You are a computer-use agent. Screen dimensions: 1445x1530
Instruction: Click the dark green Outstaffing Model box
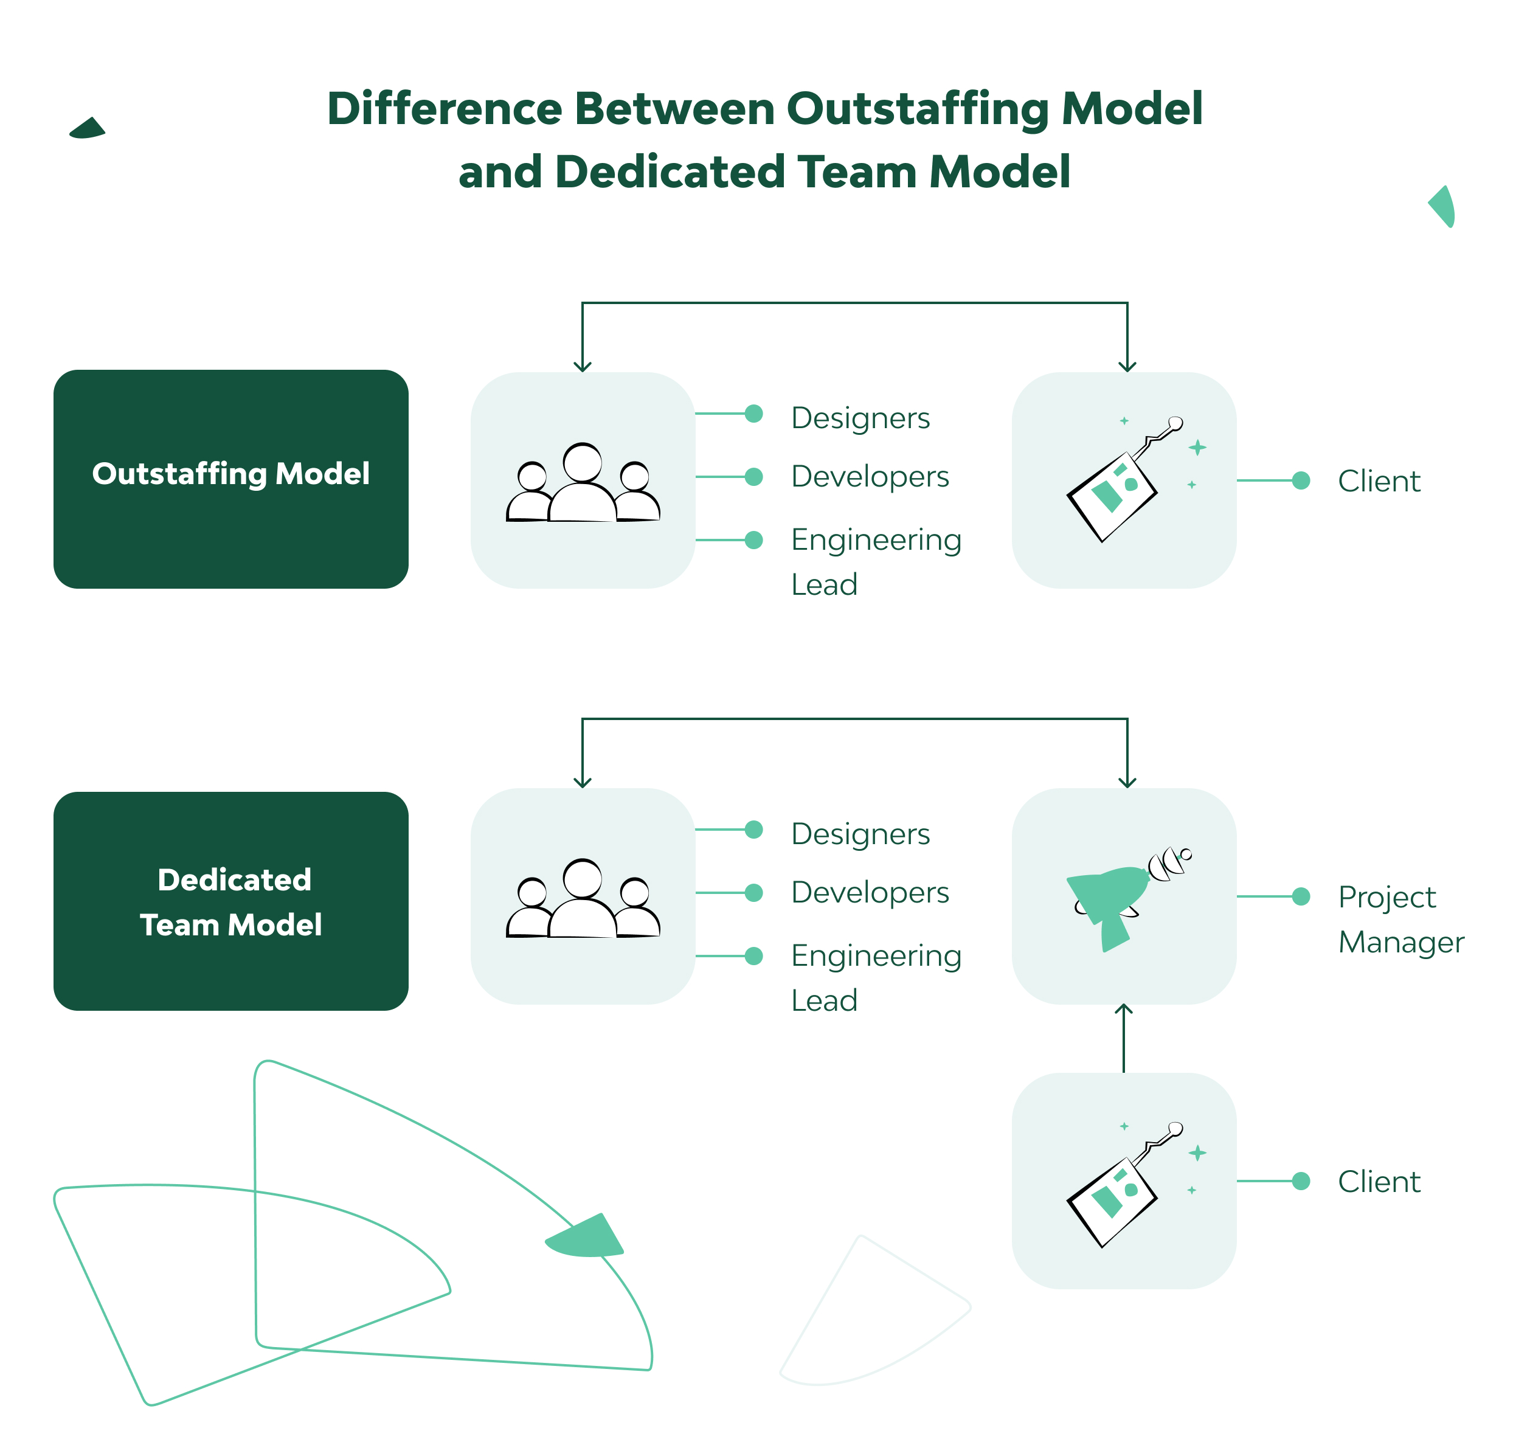(x=230, y=479)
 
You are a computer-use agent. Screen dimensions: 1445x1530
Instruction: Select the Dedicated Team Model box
(x=230, y=901)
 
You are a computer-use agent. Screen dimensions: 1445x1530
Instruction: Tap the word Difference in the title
(x=445, y=109)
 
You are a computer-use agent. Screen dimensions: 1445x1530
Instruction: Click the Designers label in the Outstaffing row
(x=860, y=417)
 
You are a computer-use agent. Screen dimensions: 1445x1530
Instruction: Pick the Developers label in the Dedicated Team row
(x=870, y=892)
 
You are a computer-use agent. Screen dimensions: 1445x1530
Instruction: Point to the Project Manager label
(x=1400, y=919)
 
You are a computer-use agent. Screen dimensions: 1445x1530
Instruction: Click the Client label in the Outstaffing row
(x=1379, y=480)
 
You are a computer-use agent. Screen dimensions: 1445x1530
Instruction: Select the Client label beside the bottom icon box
(x=1379, y=1182)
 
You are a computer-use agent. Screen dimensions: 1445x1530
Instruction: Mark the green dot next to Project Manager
(x=1301, y=896)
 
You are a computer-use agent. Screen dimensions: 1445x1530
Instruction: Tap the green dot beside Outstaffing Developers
(x=754, y=477)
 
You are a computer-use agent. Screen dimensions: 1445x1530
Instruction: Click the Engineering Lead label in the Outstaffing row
(x=876, y=561)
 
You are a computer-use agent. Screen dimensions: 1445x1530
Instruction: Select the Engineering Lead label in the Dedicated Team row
(x=876, y=977)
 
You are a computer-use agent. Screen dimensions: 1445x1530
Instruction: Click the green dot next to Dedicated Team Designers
(x=754, y=830)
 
